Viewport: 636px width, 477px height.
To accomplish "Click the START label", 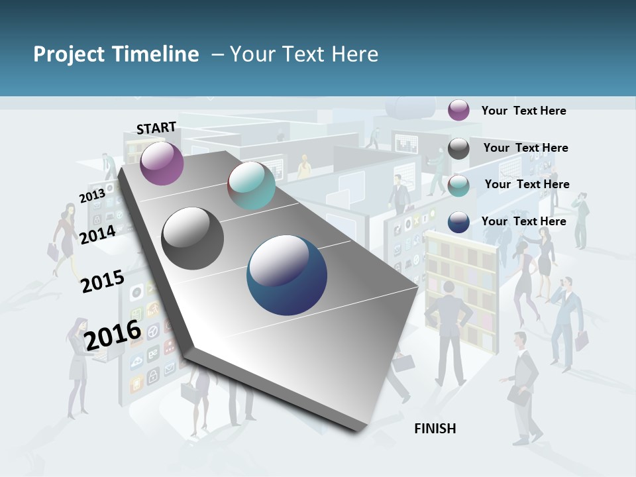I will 156,128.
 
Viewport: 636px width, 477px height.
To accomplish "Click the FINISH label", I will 435,429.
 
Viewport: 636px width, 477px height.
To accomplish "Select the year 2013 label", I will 92,196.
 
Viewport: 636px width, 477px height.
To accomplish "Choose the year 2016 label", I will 113,335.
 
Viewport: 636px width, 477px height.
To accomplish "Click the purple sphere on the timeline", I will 162,163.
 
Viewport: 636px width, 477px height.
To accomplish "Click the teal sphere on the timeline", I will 251,185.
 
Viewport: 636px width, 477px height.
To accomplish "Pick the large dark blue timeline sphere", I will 287,275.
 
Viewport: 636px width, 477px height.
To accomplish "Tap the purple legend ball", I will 458,110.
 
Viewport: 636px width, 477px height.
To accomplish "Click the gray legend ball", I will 458,148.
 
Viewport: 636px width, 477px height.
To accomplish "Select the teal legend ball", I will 458,185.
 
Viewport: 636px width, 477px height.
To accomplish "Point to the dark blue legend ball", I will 458,222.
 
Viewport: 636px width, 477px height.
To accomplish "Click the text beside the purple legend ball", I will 523,111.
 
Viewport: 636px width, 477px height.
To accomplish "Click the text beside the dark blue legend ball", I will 523,221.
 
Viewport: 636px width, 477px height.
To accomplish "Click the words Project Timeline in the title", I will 116,54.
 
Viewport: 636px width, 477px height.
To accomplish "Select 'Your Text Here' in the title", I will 303,54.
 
